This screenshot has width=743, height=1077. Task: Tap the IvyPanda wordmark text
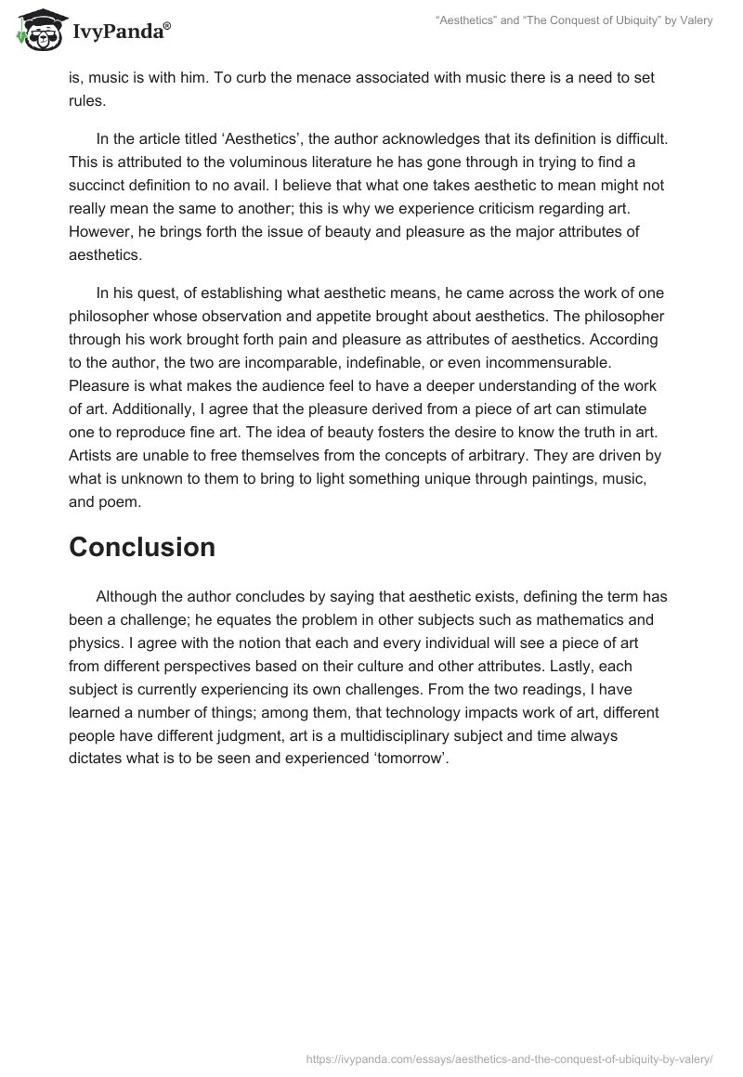coord(120,33)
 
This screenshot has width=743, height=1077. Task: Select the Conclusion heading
coord(142,547)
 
